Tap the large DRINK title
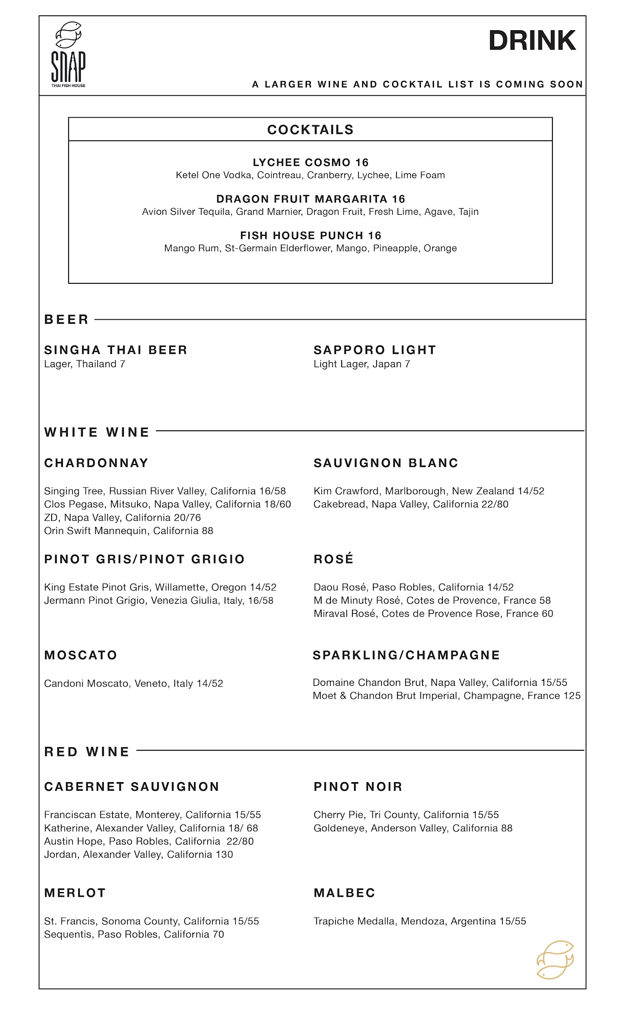pyautogui.click(x=532, y=41)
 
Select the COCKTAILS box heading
pyautogui.click(x=310, y=130)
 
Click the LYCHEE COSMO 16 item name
pyautogui.click(x=310, y=163)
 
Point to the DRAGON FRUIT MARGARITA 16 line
pyautogui.click(x=310, y=199)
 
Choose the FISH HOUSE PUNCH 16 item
pyautogui.click(x=310, y=236)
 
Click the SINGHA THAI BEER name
pyautogui.click(x=116, y=350)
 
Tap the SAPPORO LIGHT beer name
pyautogui.click(x=374, y=350)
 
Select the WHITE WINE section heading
pyautogui.click(x=97, y=433)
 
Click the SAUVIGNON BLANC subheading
pyautogui.click(x=386, y=463)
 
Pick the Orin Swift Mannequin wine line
pyautogui.click(x=128, y=531)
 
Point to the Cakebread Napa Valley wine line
pyautogui.click(x=411, y=504)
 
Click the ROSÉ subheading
pyautogui.click(x=334, y=559)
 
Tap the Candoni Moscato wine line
pyautogui.click(x=134, y=684)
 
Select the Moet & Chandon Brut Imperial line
pyautogui.click(x=446, y=696)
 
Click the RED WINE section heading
pyautogui.click(x=87, y=752)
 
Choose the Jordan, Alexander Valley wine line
pyautogui.click(x=138, y=855)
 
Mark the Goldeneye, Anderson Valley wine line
pyautogui.click(x=413, y=828)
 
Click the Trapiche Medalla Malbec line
pyautogui.click(x=419, y=921)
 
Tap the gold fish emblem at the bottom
pyautogui.click(x=555, y=960)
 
